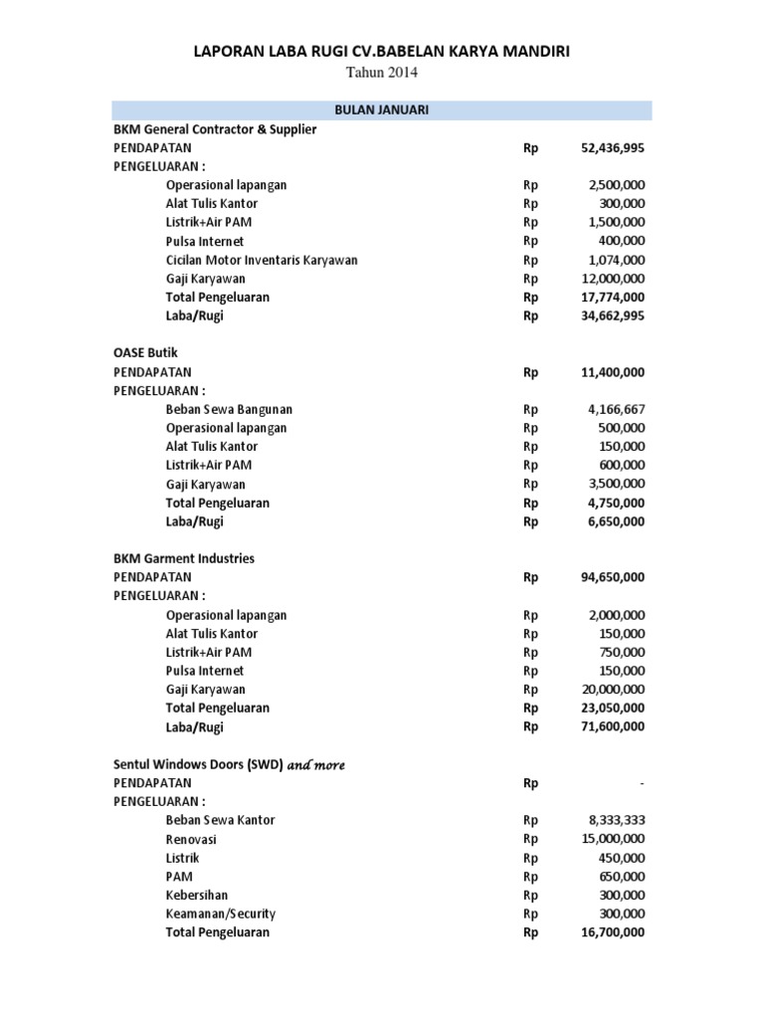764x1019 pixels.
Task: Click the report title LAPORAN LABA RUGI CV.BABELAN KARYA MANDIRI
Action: pyautogui.click(x=381, y=52)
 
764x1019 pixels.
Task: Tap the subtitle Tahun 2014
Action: pyautogui.click(x=381, y=73)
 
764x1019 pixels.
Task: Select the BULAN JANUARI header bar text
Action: pyautogui.click(x=381, y=109)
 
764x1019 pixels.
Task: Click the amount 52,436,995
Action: pyautogui.click(x=612, y=147)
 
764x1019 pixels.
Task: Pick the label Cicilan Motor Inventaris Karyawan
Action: pyautogui.click(x=262, y=260)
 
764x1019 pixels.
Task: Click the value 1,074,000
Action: pyautogui.click(x=617, y=260)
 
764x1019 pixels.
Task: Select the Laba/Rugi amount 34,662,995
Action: pyautogui.click(x=612, y=315)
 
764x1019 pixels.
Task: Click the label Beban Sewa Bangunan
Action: pyautogui.click(x=229, y=409)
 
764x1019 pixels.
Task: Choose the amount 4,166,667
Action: pyautogui.click(x=617, y=409)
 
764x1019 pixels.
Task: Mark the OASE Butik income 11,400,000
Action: pyautogui.click(x=612, y=372)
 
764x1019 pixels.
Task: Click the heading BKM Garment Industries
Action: pyautogui.click(x=184, y=558)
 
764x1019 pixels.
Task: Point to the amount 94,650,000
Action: pyautogui.click(x=612, y=577)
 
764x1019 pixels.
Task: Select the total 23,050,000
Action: pyautogui.click(x=612, y=708)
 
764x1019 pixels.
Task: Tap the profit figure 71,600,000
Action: pyautogui.click(x=612, y=726)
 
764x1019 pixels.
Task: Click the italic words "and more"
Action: pyautogui.click(x=316, y=764)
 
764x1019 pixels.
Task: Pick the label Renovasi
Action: pyautogui.click(x=192, y=839)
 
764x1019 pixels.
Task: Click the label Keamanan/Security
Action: pyautogui.click(x=221, y=914)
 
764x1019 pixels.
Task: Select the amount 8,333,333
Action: pyautogui.click(x=617, y=820)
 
